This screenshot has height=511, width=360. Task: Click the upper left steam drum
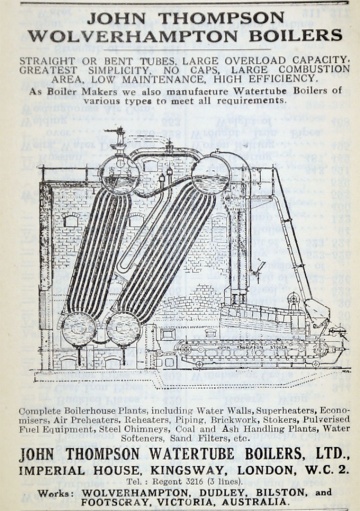point(120,174)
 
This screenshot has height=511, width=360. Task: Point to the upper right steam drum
point(213,172)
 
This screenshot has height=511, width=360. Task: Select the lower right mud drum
point(124,329)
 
